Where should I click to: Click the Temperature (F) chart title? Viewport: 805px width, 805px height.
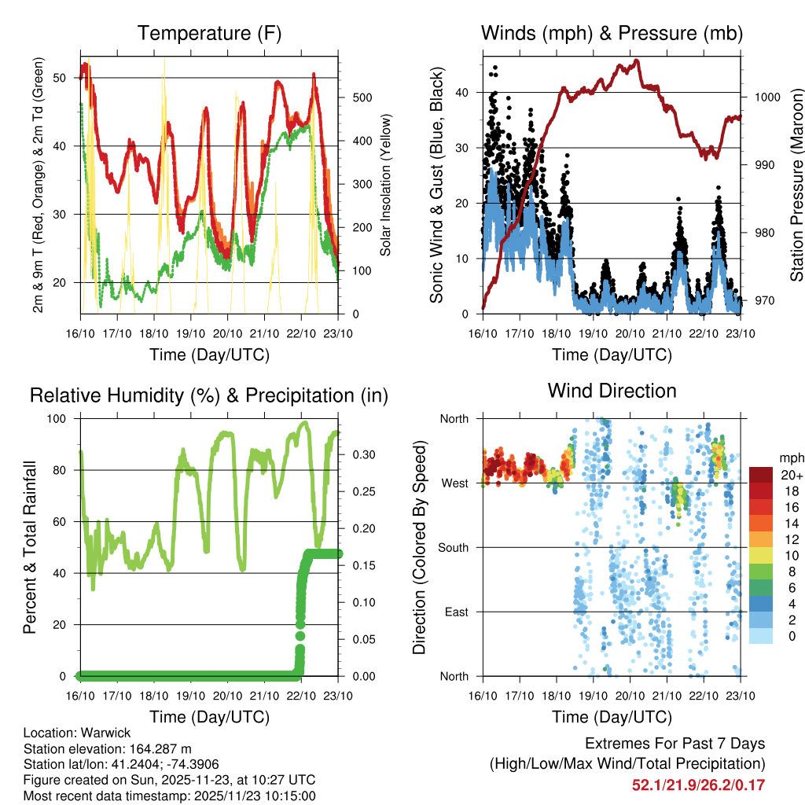[x=209, y=34]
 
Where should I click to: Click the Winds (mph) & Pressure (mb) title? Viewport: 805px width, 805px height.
[x=612, y=34]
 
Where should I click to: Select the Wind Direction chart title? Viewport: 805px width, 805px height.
[x=612, y=391]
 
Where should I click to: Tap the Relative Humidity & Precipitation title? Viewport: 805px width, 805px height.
[x=209, y=395]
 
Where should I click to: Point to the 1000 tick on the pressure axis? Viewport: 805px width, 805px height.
[x=766, y=97]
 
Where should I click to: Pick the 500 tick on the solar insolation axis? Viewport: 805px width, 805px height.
[x=361, y=97]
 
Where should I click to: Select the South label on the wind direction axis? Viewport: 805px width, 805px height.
[x=453, y=547]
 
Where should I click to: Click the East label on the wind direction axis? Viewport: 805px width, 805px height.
[x=456, y=612]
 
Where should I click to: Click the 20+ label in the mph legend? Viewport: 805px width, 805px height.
[x=791, y=475]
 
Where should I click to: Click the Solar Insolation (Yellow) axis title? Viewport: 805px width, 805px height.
[x=385, y=186]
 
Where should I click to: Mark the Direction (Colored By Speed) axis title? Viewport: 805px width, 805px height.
[x=419, y=547]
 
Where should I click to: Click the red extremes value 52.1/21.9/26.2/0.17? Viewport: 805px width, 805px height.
[x=698, y=785]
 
